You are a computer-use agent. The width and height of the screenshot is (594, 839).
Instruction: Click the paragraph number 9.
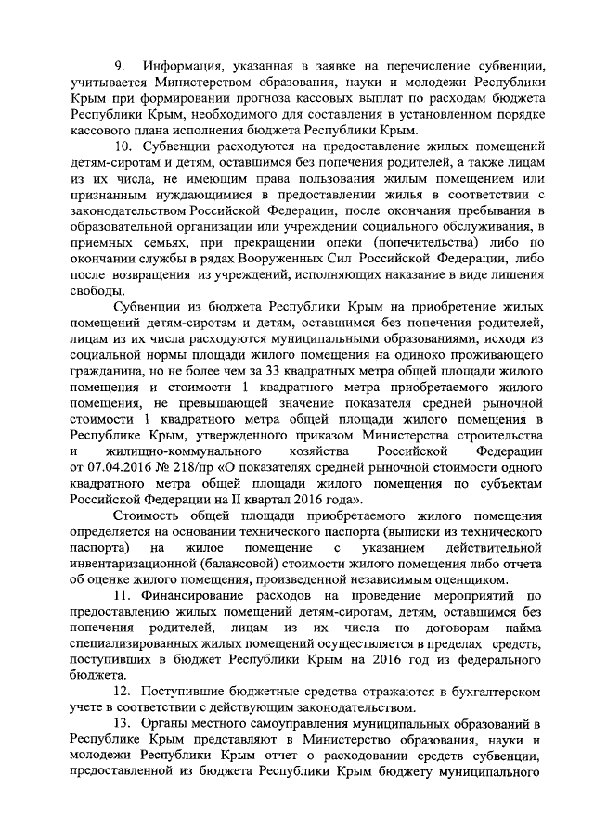coord(118,67)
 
